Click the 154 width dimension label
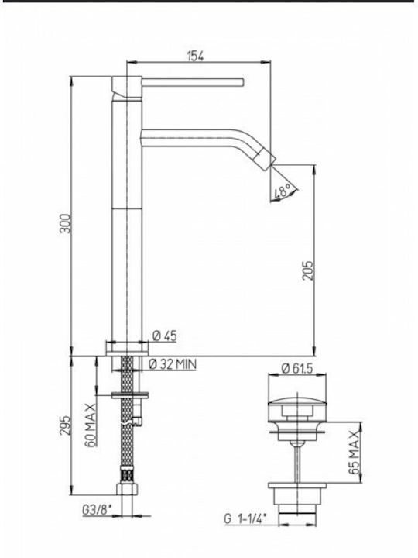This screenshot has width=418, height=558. click(x=196, y=57)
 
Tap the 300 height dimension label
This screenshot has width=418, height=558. click(x=65, y=223)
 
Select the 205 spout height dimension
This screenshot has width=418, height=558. click(x=308, y=270)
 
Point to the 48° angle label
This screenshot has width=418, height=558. click(x=283, y=192)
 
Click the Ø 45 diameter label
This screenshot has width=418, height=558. click(x=164, y=336)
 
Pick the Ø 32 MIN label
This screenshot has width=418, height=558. click(x=172, y=364)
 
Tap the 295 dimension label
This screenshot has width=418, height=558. click(x=65, y=425)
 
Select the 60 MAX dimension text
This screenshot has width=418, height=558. click(x=91, y=425)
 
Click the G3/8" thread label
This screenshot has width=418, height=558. click(x=97, y=511)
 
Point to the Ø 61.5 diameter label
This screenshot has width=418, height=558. click(x=296, y=368)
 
